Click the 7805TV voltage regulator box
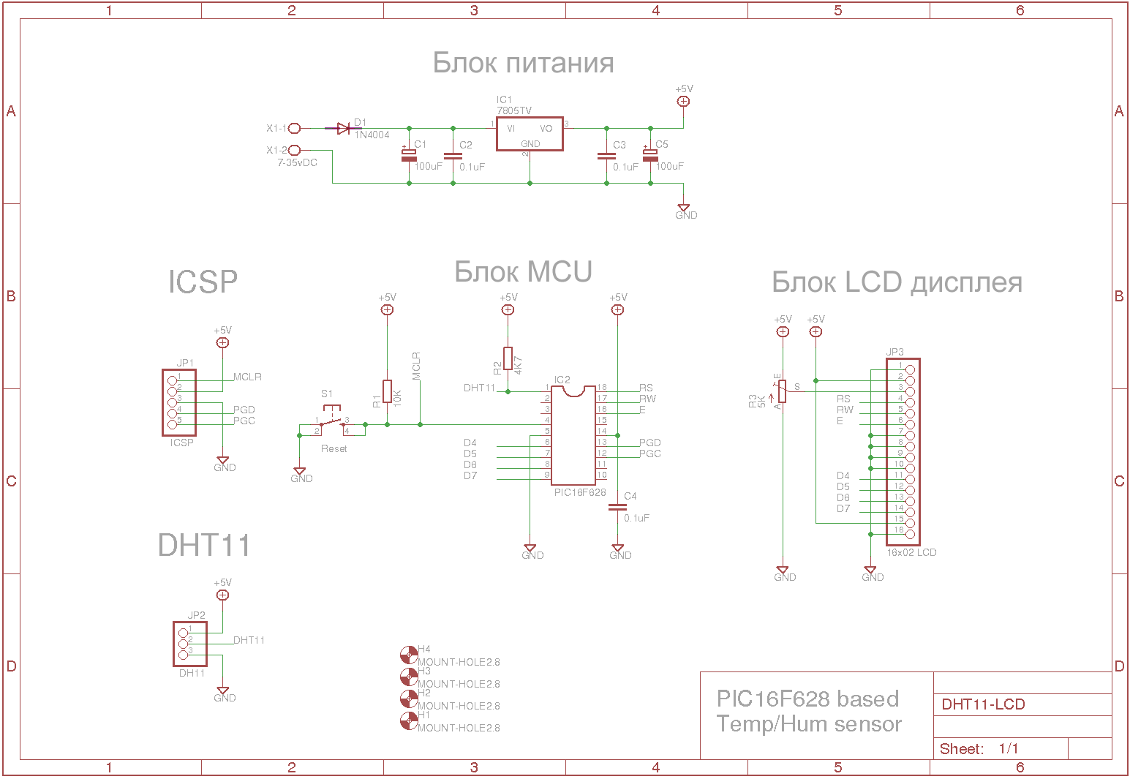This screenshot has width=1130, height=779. click(530, 133)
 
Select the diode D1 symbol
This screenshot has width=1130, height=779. click(343, 129)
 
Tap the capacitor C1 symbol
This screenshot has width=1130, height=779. click(409, 155)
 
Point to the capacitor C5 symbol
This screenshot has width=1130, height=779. click(650, 155)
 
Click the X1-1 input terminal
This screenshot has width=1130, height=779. click(294, 129)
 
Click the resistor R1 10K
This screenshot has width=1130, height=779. click(387, 391)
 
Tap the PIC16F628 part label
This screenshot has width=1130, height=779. click(579, 492)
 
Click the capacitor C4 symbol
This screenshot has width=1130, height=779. click(617, 506)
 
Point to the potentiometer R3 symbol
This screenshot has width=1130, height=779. click(782, 391)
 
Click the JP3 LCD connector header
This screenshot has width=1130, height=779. click(903, 451)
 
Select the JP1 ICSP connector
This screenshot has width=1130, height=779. click(178, 402)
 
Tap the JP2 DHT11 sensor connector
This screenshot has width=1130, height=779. click(190, 643)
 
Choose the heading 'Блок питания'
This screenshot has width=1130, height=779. click(523, 63)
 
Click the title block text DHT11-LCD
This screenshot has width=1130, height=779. click(983, 704)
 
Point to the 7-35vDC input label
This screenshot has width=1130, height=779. click(297, 162)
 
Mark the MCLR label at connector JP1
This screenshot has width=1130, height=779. click(247, 377)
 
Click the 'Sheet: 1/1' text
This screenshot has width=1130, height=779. click(979, 748)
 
